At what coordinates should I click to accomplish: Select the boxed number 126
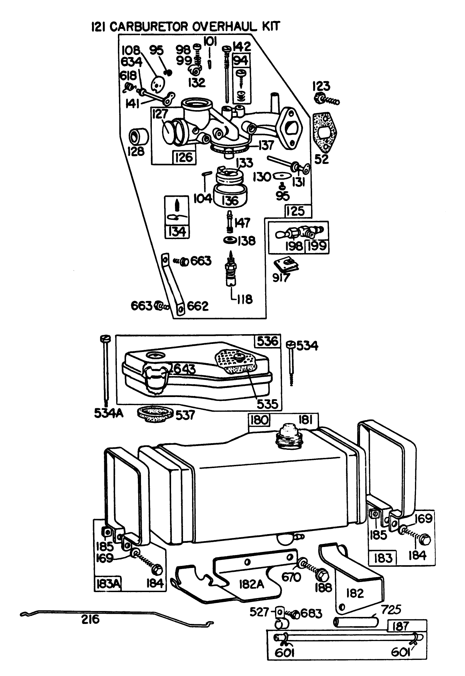(x=184, y=157)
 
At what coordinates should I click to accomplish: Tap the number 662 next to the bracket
(x=198, y=306)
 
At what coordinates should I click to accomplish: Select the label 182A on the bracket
(x=250, y=584)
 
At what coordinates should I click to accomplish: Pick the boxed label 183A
(x=108, y=584)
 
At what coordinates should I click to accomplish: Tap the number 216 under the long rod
(x=91, y=620)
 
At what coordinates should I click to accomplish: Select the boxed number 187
(x=401, y=626)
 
